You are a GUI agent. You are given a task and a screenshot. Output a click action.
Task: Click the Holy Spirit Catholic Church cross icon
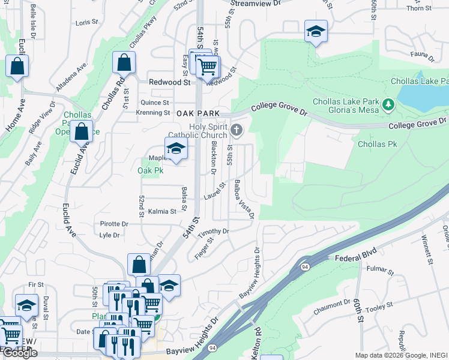click(237, 130)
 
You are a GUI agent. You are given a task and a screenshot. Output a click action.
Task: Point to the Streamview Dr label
click(256, 3)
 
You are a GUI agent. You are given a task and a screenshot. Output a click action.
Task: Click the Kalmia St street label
click(162, 211)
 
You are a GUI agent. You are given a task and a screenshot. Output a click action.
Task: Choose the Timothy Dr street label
click(214, 231)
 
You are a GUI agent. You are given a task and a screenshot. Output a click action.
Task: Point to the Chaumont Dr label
click(331, 310)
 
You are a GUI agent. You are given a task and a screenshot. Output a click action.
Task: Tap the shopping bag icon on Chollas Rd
click(123, 62)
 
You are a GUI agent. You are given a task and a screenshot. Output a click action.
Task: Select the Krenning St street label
click(153, 113)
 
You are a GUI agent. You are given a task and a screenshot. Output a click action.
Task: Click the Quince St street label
click(155, 103)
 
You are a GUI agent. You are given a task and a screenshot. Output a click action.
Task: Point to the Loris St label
click(86, 22)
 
